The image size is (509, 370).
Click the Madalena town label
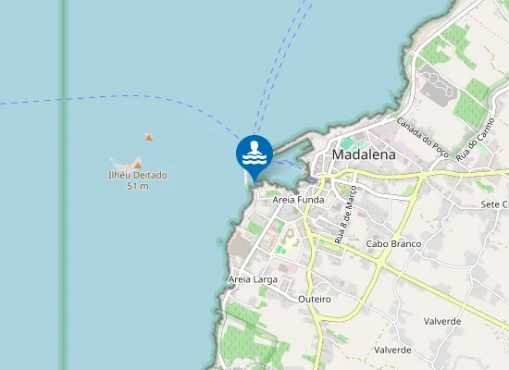pyautogui.click(x=363, y=155)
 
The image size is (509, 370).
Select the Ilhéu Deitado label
pyautogui.click(x=137, y=175)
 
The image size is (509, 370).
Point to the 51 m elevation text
pyautogui.click(x=137, y=186)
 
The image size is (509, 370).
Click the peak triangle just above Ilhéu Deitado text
pyautogui.click(x=138, y=165)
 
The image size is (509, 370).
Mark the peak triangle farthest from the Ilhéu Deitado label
pyautogui.click(x=148, y=138)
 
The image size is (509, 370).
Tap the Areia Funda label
pyautogui.click(x=299, y=199)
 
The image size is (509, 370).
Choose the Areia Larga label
pyautogui.click(x=253, y=278)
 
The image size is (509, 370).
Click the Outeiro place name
pyautogui.click(x=315, y=300)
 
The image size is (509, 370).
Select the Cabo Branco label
pyautogui.click(x=393, y=244)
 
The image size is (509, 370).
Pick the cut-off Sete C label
pyautogui.click(x=494, y=203)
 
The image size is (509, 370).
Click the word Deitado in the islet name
pyautogui.click(x=148, y=175)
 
